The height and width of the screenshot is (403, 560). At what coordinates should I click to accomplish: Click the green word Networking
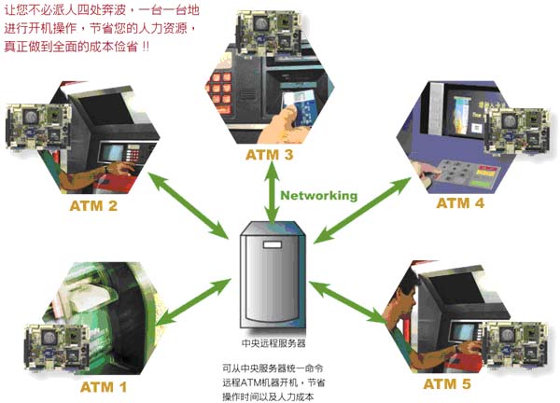point(318,196)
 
